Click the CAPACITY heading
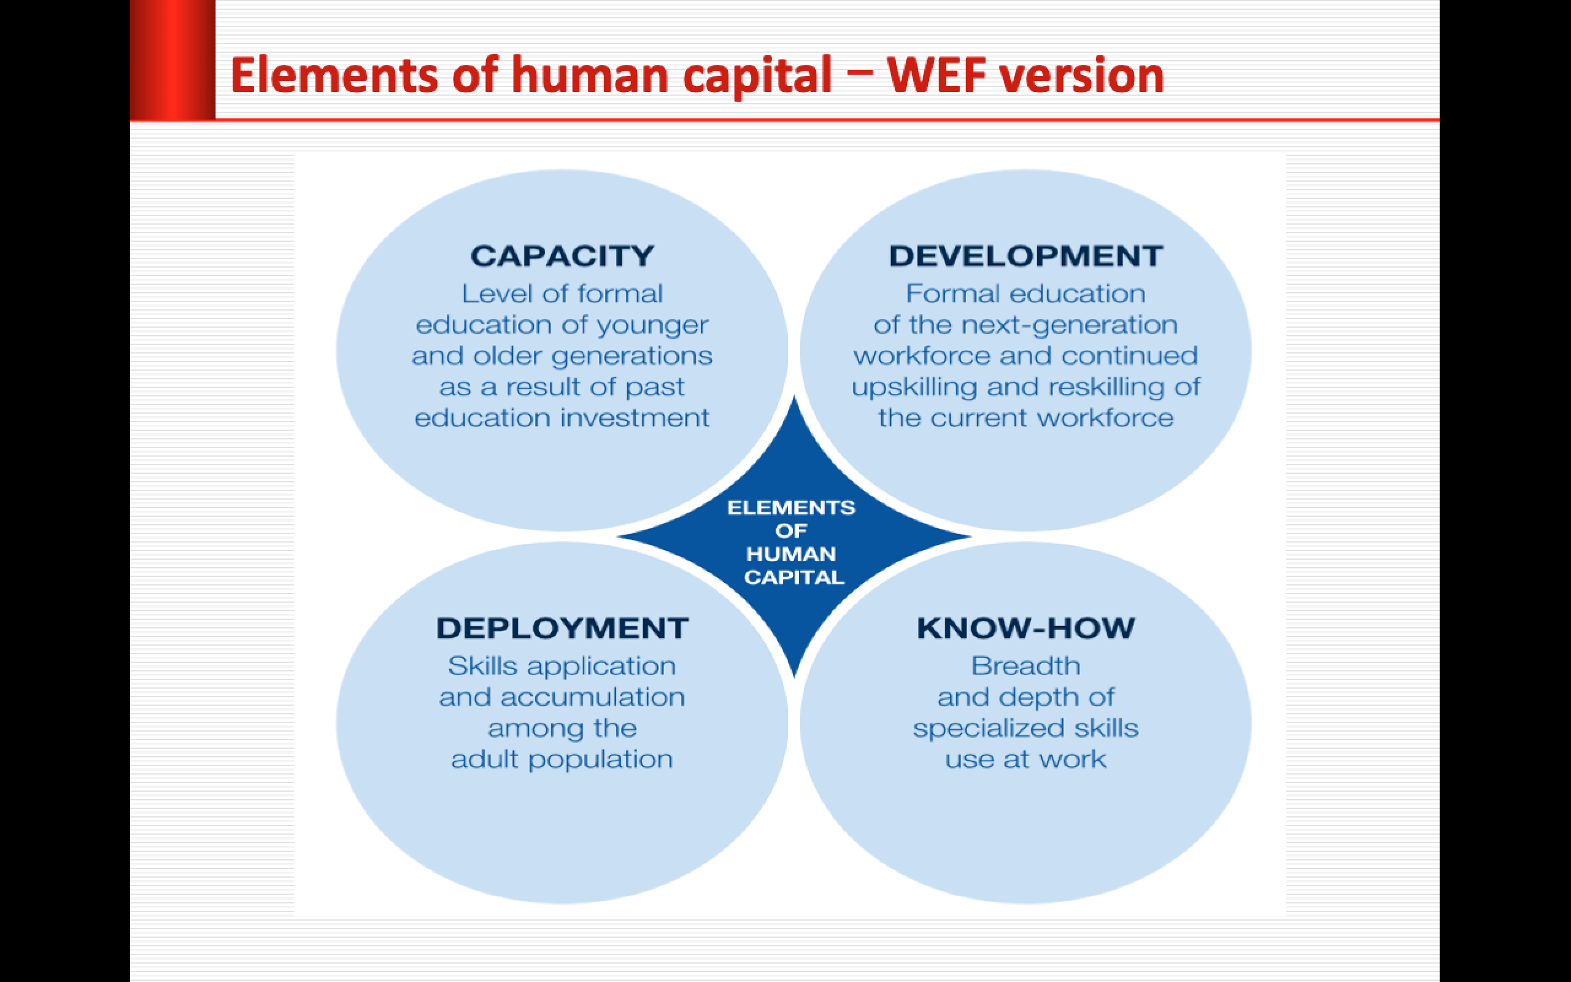[562, 256]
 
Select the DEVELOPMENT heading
[1025, 256]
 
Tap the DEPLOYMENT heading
[562, 628]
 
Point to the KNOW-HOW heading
[1025, 628]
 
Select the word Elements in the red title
[334, 76]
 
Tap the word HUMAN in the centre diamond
[790, 554]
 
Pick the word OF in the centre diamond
[790, 531]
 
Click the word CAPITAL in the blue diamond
[794, 578]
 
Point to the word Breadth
[1025, 666]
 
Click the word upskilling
[914, 388]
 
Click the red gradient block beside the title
[172, 60]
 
